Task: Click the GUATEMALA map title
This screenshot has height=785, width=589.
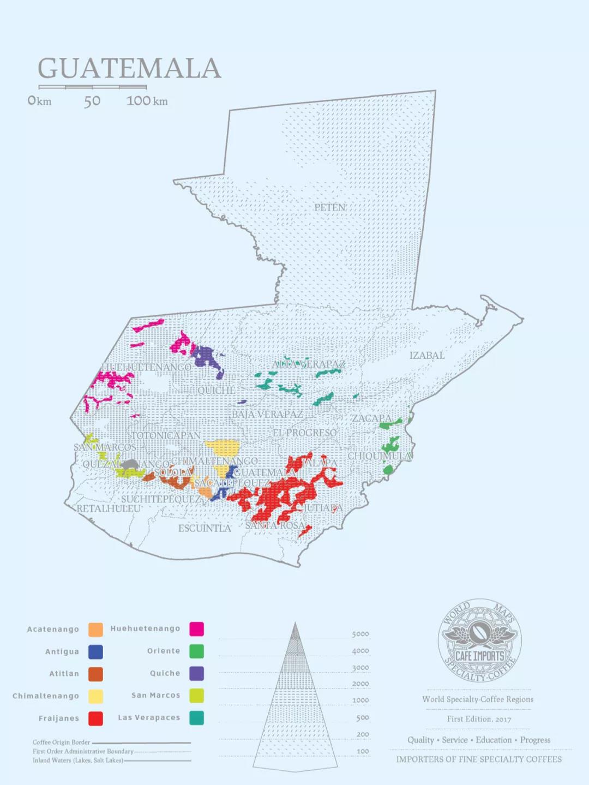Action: click(129, 69)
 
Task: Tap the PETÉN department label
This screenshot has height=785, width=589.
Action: click(330, 207)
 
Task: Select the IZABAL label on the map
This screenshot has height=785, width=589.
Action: click(426, 356)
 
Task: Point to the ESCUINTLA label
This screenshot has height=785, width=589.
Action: click(205, 528)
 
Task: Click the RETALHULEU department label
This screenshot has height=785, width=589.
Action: click(109, 508)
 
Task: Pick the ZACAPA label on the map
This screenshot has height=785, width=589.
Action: click(371, 418)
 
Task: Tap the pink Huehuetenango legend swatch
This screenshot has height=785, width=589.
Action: click(196, 629)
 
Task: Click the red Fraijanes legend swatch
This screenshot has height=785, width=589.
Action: click(95, 718)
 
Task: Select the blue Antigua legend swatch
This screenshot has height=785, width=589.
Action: click(95, 652)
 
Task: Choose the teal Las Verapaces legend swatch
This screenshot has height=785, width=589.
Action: click(196, 718)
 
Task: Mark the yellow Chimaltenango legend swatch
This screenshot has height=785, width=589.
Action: click(95, 696)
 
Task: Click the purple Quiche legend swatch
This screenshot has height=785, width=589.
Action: click(196, 673)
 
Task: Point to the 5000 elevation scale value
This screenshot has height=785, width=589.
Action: click(360, 634)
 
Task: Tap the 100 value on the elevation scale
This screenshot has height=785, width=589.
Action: click(363, 751)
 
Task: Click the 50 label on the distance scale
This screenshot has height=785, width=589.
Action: click(92, 101)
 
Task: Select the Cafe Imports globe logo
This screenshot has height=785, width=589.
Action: click(479, 640)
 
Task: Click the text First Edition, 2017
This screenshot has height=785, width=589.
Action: click(479, 719)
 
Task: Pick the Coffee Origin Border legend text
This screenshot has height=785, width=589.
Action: click(61, 742)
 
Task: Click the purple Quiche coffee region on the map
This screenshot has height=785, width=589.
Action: click(206, 357)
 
